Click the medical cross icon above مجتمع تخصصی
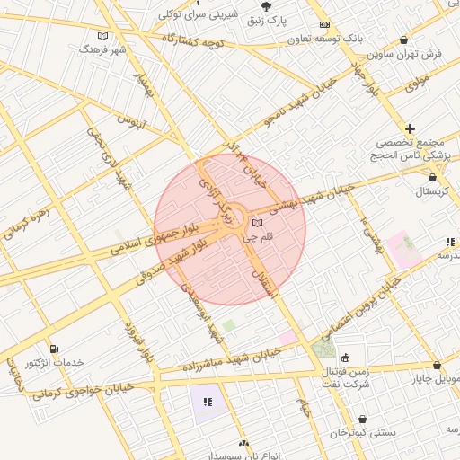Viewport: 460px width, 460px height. (410, 129)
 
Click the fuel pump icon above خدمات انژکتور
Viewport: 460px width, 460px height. (56, 349)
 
